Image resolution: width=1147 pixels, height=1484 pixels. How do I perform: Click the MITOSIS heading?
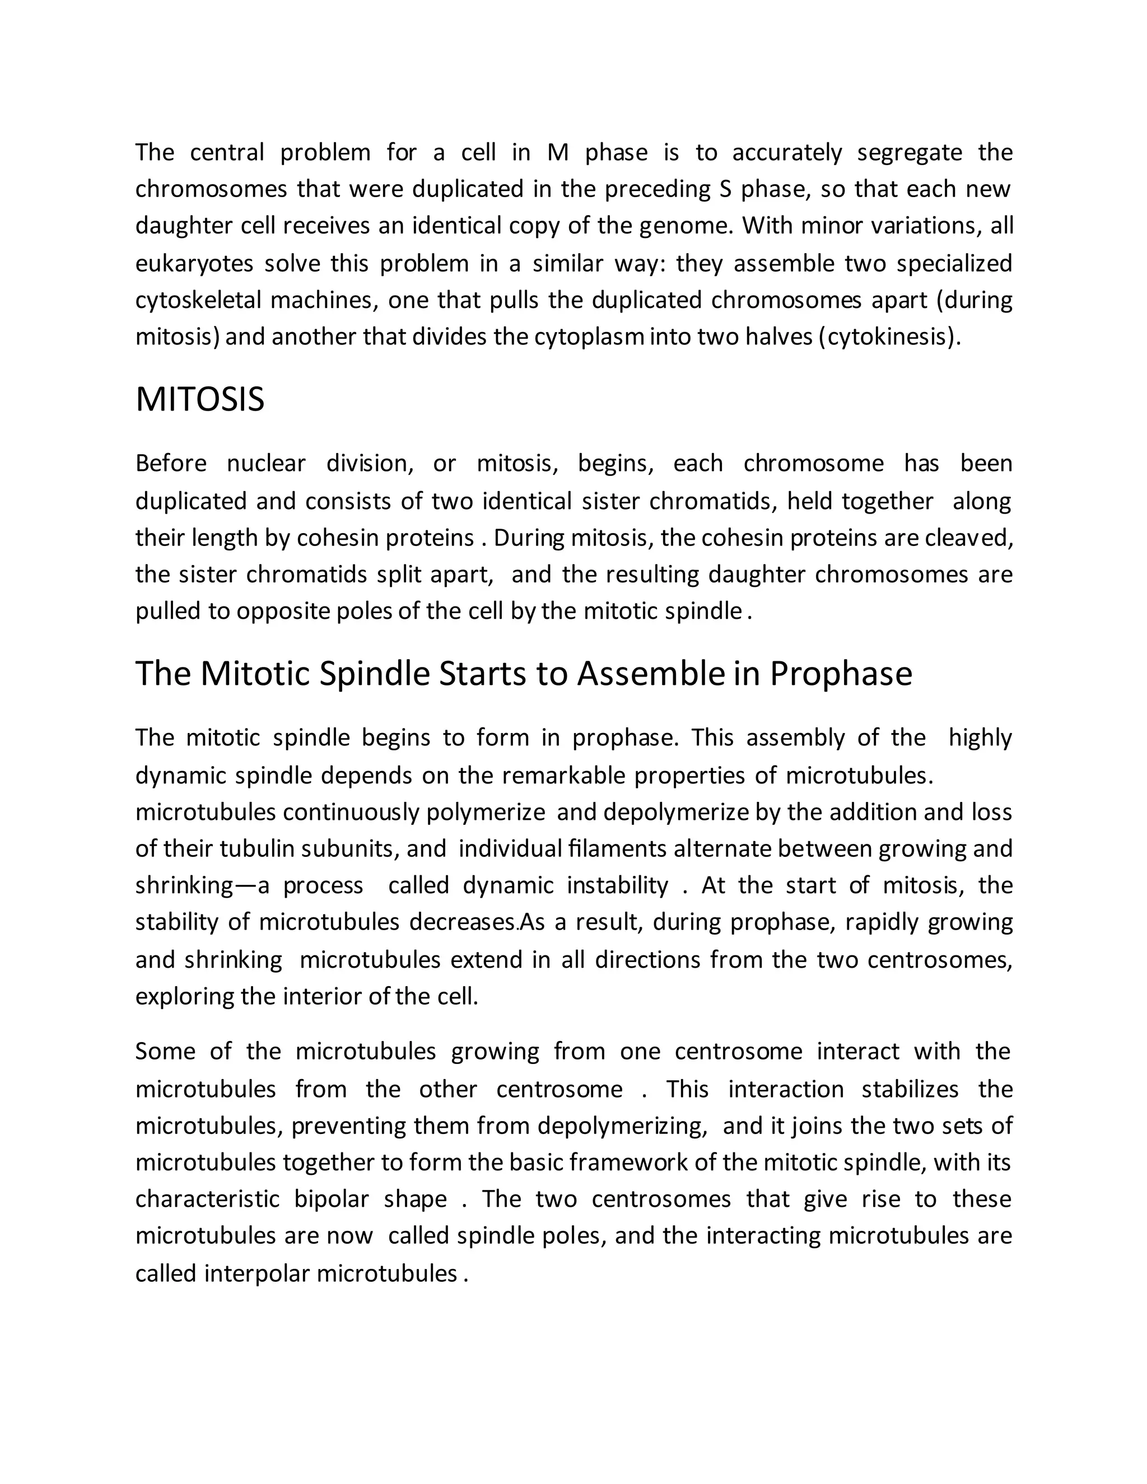coord(200,399)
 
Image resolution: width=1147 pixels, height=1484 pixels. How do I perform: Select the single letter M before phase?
coord(557,152)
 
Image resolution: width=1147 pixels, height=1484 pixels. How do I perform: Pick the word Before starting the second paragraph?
coord(171,464)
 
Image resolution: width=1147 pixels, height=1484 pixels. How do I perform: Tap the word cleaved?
coord(978,538)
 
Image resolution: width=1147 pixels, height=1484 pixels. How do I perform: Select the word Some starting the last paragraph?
coord(165,1051)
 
